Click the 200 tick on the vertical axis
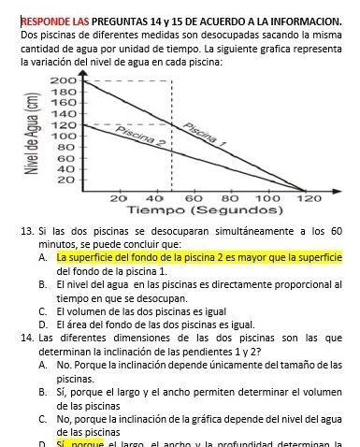click(62, 82)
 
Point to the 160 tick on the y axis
click(62, 103)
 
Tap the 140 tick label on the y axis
click(62, 113)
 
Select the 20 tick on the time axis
click(119, 198)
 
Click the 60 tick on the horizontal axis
click(194, 198)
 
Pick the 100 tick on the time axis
click(268, 198)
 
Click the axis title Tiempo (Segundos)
click(182, 210)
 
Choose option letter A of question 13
click(45, 256)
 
